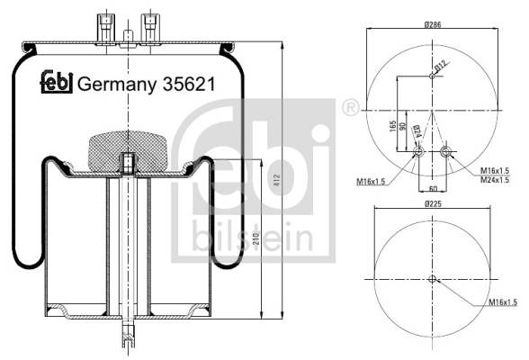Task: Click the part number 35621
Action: click(189, 84)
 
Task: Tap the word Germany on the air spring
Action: click(117, 85)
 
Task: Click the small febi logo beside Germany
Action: click(57, 81)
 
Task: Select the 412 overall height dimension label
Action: click(277, 181)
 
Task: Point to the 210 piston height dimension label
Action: click(256, 238)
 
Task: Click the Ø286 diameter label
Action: click(433, 24)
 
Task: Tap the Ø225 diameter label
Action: click(433, 203)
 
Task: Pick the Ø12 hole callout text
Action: click(441, 66)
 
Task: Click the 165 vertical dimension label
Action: click(392, 126)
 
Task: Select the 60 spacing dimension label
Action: click(433, 188)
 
